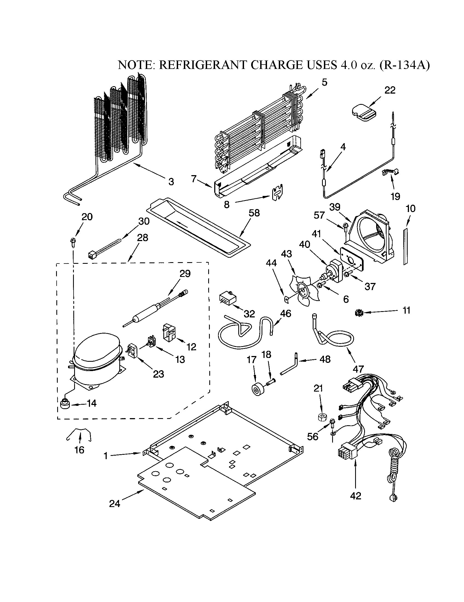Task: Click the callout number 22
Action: tap(390, 90)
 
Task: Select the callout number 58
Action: tap(254, 213)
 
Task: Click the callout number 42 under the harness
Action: tap(355, 496)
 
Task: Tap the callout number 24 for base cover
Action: tap(115, 503)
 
